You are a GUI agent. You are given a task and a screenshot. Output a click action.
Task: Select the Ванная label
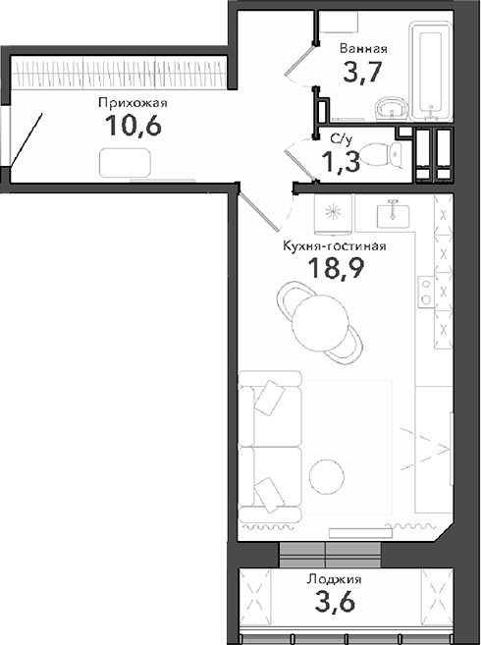coord(363,48)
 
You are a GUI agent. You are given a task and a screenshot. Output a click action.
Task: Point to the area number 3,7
coord(361,73)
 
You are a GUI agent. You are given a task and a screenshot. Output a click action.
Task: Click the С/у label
coord(342,140)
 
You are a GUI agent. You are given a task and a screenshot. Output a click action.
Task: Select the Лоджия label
coord(333,579)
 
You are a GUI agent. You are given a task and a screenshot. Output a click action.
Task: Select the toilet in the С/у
coord(398,155)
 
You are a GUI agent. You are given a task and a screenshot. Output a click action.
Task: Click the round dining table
coord(319,318)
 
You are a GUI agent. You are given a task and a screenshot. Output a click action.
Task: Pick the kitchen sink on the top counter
coord(393,210)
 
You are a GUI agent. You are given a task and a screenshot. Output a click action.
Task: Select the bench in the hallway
coord(125,163)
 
